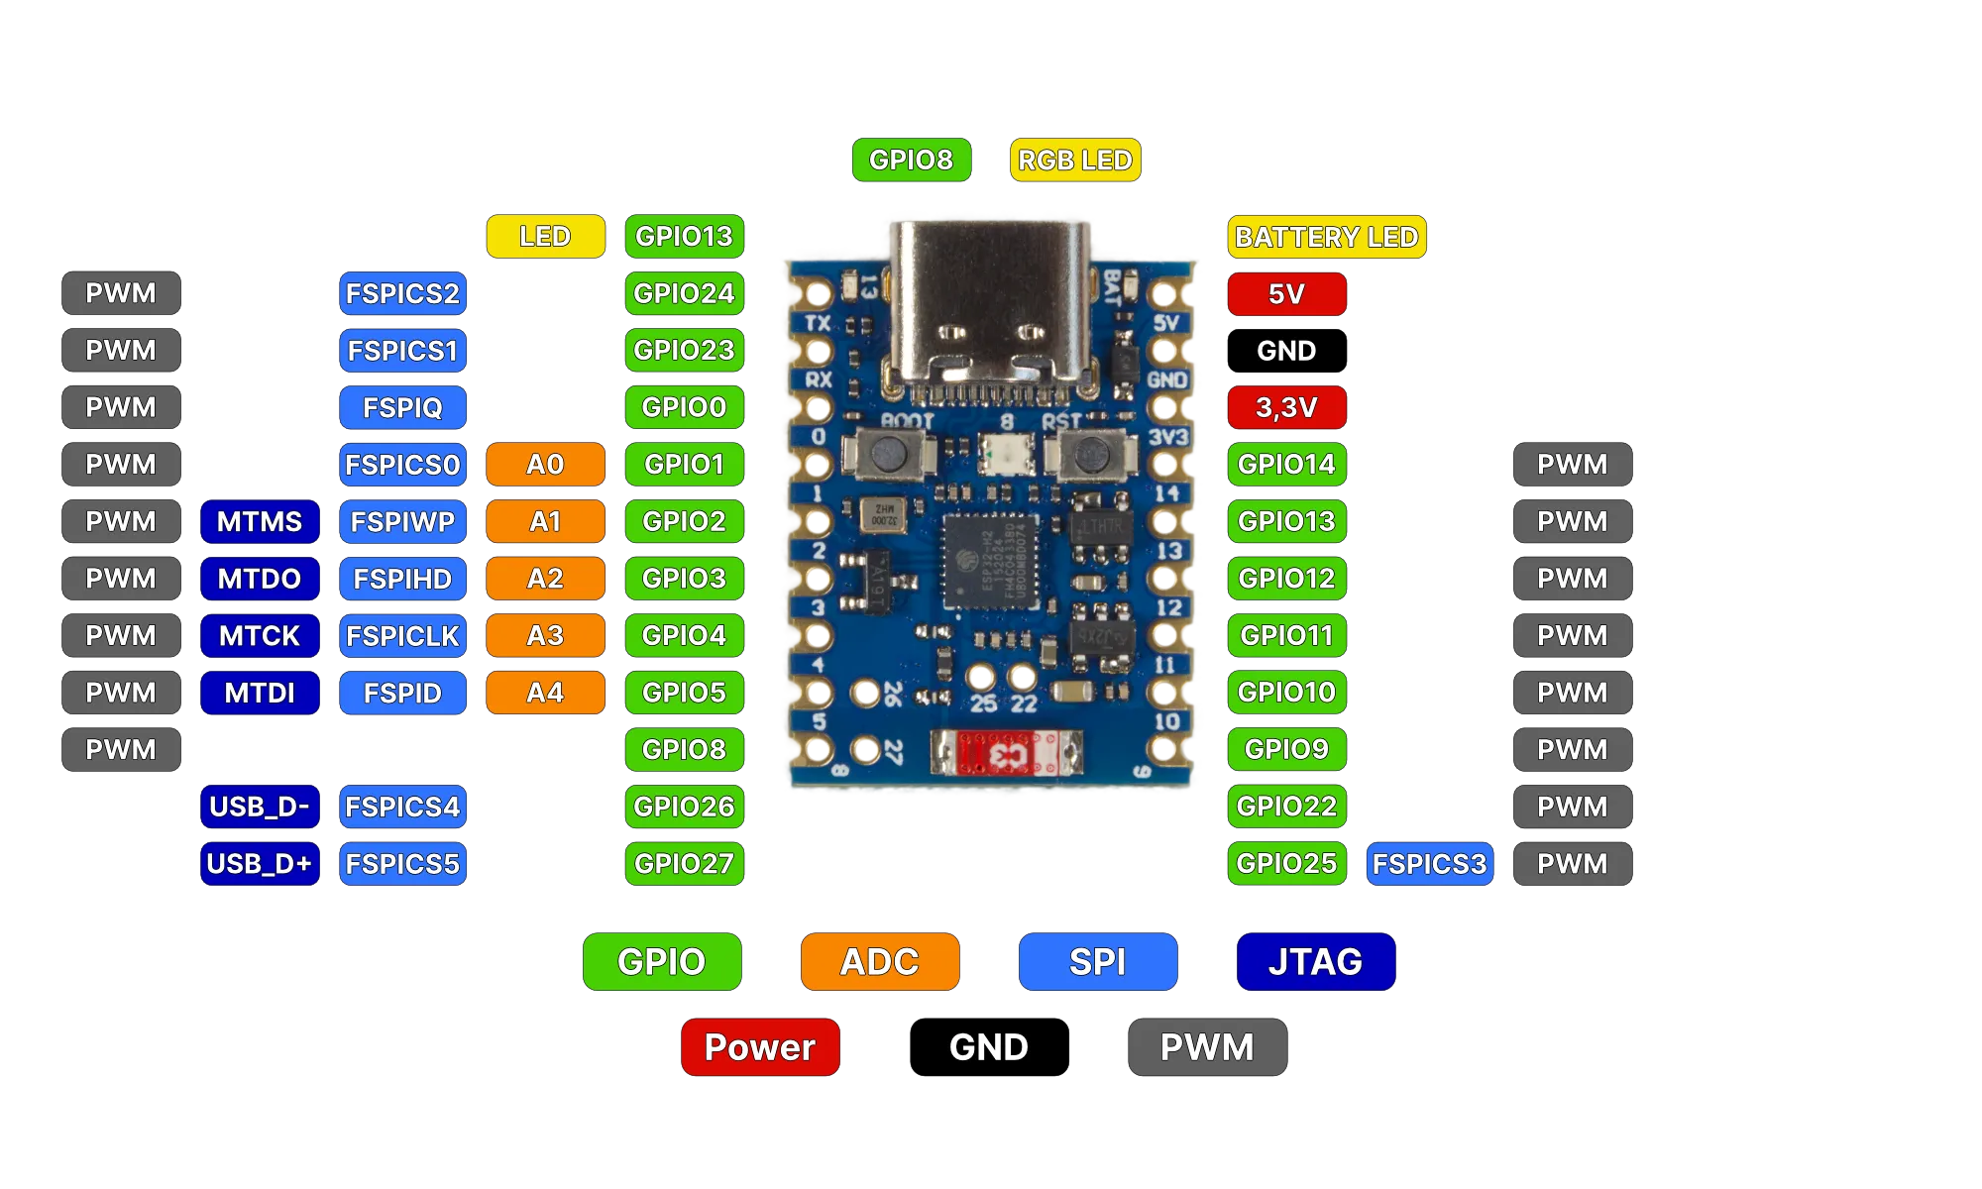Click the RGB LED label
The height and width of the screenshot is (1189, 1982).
point(1074,160)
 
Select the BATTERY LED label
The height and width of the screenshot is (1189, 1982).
point(1326,238)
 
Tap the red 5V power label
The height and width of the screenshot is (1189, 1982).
point(1286,294)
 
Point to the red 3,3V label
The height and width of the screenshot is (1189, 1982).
point(1286,407)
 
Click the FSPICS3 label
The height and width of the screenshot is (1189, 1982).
point(1429,864)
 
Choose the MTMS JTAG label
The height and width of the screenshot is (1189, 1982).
point(259,522)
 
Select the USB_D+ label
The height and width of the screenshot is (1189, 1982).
point(259,864)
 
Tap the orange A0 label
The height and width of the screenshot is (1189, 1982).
point(545,465)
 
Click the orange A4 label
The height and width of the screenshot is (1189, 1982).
point(545,693)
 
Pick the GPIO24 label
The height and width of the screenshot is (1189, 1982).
point(684,294)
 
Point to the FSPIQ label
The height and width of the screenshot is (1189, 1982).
point(402,407)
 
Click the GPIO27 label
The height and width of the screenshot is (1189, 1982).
point(684,864)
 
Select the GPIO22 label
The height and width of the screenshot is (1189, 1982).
point(1286,807)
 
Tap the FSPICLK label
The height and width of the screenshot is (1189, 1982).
point(402,636)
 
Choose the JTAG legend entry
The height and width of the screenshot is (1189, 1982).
point(1315,962)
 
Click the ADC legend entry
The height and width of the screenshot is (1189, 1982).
point(880,962)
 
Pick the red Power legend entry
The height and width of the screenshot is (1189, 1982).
point(760,1047)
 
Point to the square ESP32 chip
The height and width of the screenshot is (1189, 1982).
point(989,561)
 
